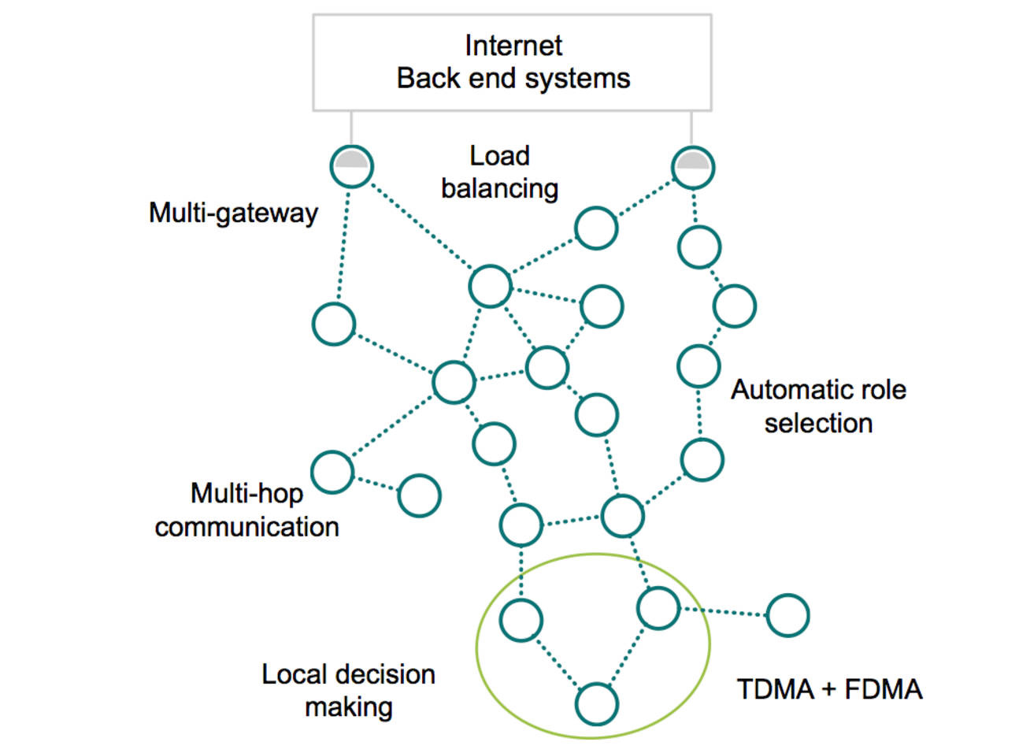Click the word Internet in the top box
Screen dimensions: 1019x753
513,46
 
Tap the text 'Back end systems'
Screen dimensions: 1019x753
513,78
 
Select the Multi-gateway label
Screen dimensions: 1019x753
233,213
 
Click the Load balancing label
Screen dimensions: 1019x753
499,172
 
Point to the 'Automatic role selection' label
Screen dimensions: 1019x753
818,406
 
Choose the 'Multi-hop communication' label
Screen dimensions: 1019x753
247,510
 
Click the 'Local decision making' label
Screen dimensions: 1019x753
348,690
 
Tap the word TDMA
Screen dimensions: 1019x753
776,689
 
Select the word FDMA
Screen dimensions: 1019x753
884,689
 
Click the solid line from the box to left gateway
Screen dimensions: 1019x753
351,128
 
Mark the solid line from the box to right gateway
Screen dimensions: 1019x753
691,128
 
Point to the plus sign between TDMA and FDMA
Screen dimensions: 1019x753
830,690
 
